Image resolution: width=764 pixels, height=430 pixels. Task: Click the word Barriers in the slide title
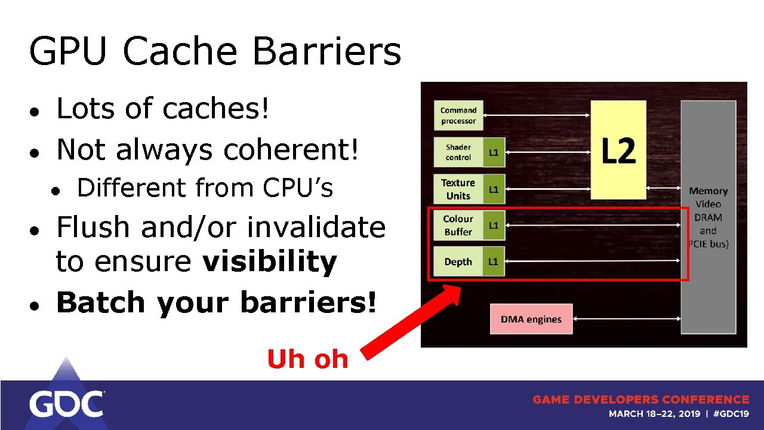[326, 51]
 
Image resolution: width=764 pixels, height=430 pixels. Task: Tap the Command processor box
[458, 115]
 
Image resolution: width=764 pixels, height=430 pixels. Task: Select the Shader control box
[458, 152]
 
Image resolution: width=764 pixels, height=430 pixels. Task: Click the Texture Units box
[458, 189]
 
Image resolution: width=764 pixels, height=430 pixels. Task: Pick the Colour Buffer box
[458, 225]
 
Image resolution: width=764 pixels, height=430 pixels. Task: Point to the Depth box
[458, 262]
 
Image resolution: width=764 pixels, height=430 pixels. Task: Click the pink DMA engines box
[531, 319]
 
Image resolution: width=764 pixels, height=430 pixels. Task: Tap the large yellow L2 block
[618, 150]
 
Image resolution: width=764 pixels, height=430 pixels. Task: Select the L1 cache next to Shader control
[494, 152]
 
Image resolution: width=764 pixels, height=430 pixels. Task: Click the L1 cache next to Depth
[494, 262]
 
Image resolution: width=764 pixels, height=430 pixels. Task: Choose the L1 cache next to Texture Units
[494, 189]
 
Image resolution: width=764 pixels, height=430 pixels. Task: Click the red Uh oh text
[307, 359]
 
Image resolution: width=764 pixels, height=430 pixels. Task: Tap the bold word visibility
[270, 262]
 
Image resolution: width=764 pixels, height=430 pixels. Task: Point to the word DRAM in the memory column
[708, 217]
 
